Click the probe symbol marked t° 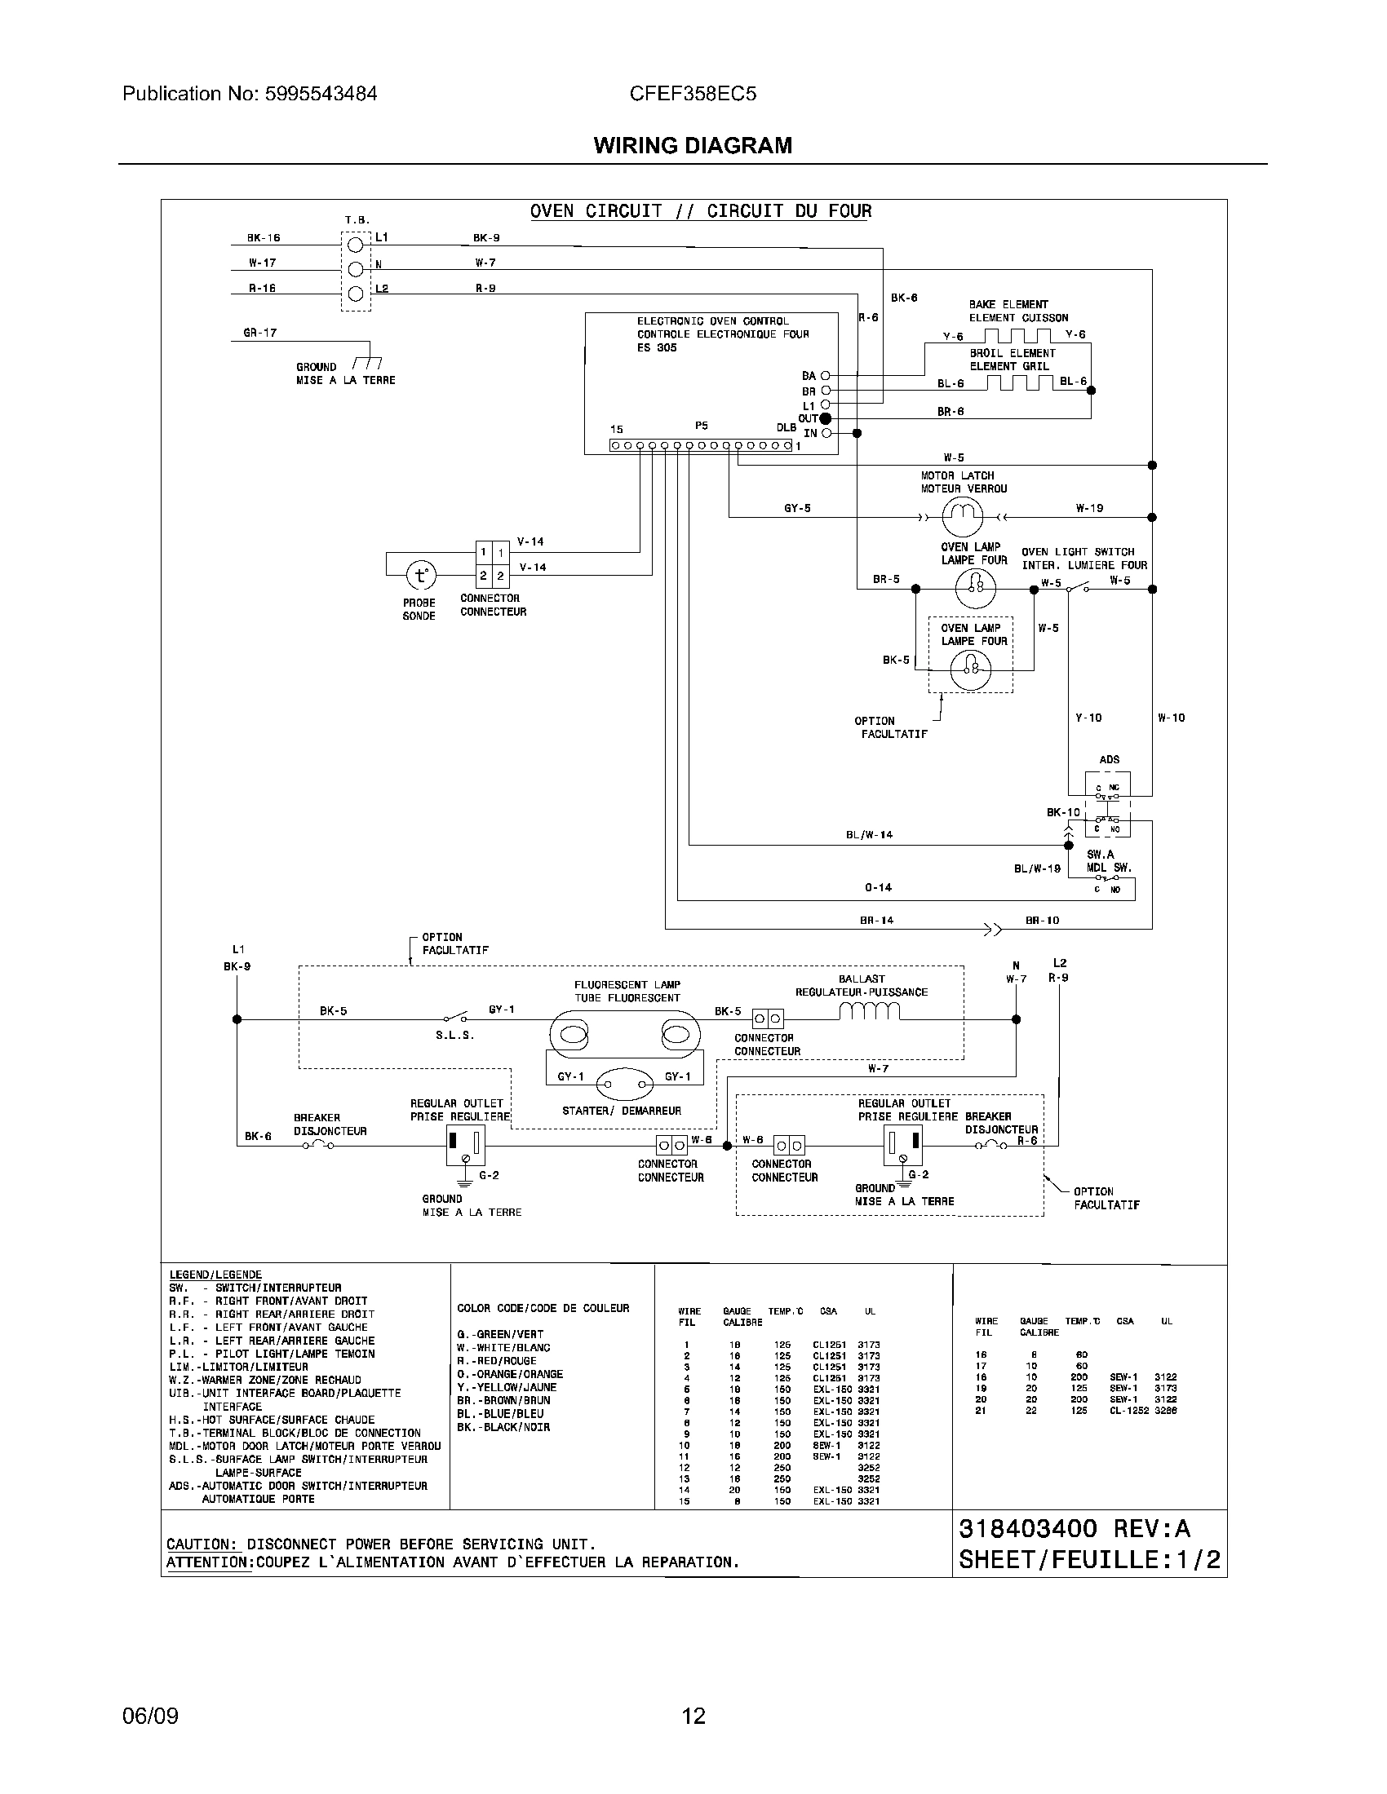click(421, 575)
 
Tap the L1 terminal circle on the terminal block click(356, 245)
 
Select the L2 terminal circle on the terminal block click(356, 294)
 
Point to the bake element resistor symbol click(1017, 336)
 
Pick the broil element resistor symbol click(1019, 382)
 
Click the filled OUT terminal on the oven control click(826, 419)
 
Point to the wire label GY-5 click(797, 509)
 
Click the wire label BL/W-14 click(870, 834)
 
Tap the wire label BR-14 click(877, 920)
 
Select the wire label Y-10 click(1088, 718)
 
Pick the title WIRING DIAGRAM click(693, 145)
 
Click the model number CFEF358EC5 click(693, 94)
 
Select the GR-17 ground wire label click(259, 333)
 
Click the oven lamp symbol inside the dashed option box click(970, 671)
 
